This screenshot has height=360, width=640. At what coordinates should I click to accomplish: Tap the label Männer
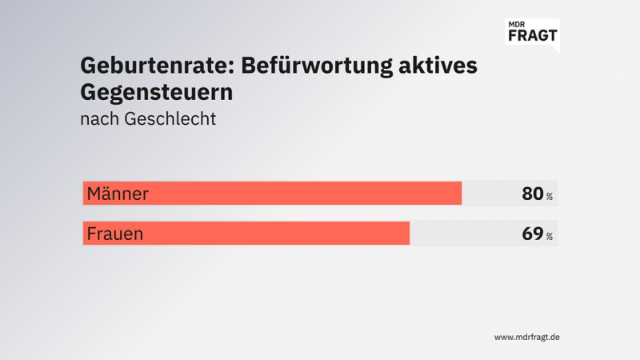[x=118, y=194]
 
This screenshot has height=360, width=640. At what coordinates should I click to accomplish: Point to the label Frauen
[x=115, y=234]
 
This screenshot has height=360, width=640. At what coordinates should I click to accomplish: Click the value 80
[x=532, y=194]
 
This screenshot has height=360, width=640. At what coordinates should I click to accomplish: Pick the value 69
[x=532, y=234]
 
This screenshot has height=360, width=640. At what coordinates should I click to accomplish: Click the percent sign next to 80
[x=550, y=197]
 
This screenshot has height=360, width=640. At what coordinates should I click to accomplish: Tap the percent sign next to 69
[x=550, y=237]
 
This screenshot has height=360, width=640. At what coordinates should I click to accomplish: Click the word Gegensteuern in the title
[x=157, y=92]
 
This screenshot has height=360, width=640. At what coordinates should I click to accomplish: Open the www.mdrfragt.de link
[x=526, y=337]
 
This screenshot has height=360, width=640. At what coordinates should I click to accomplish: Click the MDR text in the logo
[x=518, y=25]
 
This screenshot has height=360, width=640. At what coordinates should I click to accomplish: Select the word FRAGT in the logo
[x=533, y=35]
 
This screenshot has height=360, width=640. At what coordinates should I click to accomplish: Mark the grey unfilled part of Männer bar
[x=490, y=194]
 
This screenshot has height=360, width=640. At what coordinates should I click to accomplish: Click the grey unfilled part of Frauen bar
[x=464, y=234]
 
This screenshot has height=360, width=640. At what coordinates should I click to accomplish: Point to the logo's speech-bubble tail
[x=554, y=48]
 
